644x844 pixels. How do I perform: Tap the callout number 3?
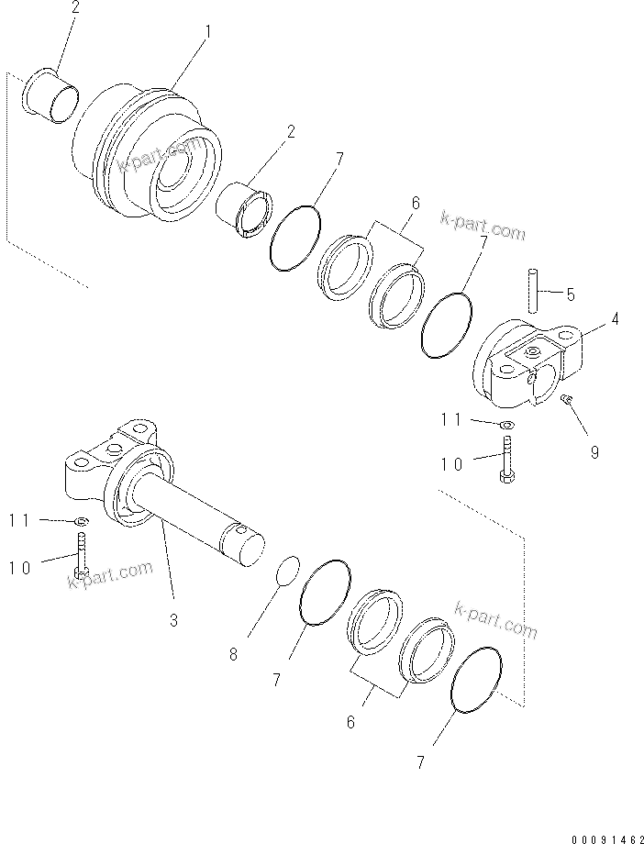173,621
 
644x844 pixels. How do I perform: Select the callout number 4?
614,319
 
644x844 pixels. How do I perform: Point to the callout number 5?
570,294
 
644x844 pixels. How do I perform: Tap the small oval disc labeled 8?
288,569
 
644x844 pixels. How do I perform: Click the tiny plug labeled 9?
567,399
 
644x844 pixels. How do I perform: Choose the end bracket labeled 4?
526,362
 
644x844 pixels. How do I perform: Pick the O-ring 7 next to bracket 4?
447,324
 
